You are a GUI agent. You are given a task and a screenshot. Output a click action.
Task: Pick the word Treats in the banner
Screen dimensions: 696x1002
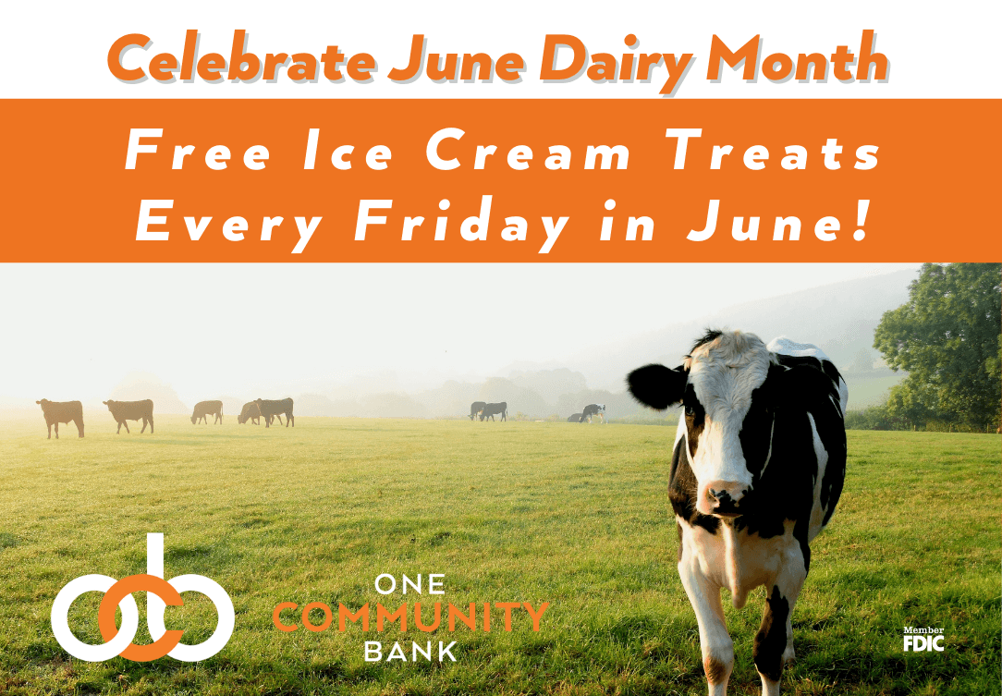click(775, 152)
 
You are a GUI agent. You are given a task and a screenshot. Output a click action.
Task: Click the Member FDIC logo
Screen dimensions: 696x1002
click(923, 639)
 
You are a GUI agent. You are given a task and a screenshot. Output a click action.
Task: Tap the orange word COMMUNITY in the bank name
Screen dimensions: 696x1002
click(410, 617)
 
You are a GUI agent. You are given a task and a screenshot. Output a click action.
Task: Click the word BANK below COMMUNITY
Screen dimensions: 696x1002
click(410, 651)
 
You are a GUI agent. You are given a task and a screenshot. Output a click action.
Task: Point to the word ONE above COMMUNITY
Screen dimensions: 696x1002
click(410, 584)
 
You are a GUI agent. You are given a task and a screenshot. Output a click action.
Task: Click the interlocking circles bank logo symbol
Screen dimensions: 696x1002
click(142, 605)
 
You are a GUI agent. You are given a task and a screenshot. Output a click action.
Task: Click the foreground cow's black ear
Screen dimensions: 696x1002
click(655, 385)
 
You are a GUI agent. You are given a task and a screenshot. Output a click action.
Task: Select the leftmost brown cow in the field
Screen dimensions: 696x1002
click(61, 416)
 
